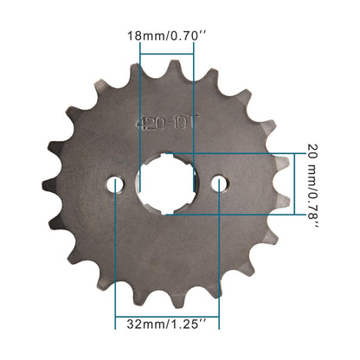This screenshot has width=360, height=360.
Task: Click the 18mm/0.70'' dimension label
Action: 165,37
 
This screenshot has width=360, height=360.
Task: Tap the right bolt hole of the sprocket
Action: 220,183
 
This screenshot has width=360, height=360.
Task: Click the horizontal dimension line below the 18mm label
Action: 166,54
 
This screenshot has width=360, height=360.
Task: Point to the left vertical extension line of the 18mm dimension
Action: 139,95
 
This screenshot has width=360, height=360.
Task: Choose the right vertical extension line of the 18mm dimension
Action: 194,95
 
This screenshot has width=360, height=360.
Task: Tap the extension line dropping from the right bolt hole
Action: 220,260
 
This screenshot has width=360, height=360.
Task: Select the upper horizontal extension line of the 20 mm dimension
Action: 242,153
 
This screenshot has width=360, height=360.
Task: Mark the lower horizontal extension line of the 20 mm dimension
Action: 242,215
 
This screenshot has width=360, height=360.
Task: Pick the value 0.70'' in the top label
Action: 186,37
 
